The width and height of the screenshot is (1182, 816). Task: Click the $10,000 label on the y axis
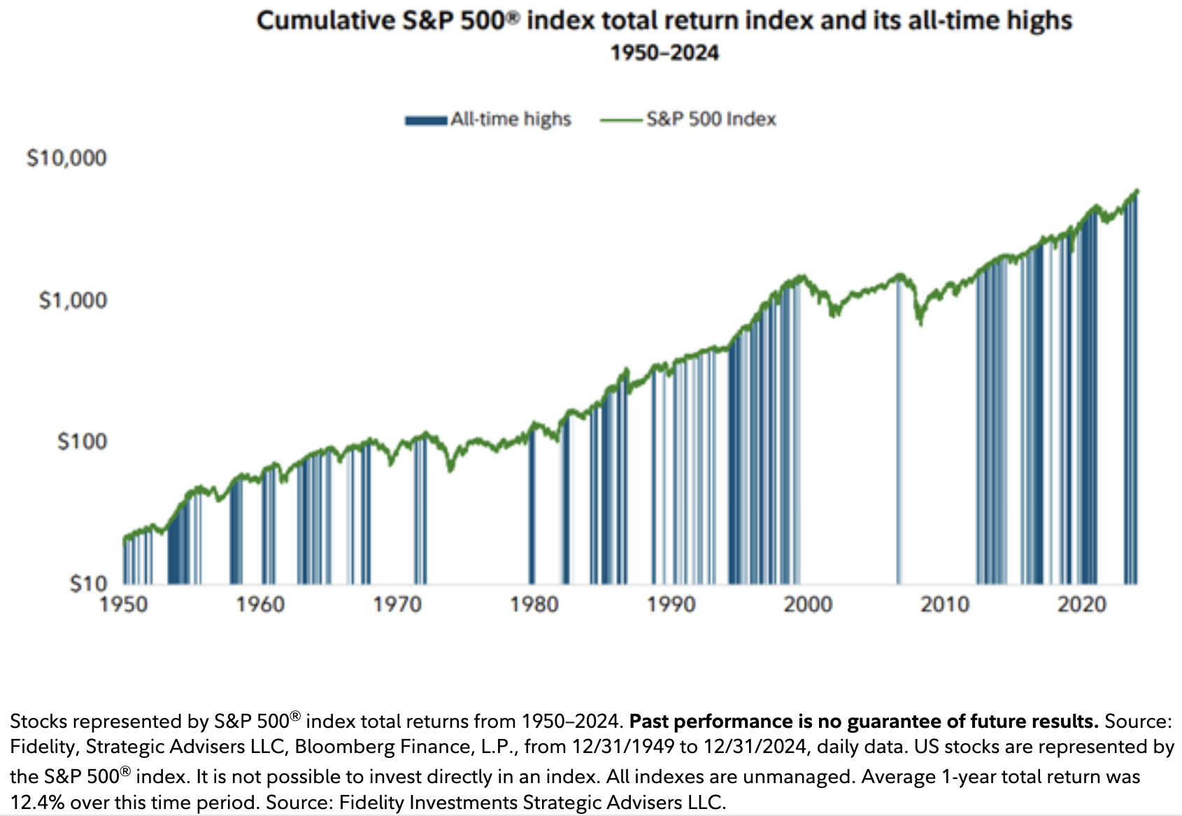[66, 158]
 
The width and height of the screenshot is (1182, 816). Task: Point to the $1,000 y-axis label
[73, 301]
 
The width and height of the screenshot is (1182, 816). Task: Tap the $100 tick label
[82, 442]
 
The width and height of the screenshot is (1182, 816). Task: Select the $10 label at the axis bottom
[88, 584]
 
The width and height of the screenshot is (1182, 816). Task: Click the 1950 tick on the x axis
[124, 604]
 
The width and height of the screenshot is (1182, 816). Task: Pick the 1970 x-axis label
[397, 604]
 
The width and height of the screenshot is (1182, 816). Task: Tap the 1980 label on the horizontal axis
[534, 604]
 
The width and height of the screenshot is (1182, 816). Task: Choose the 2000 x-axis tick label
[808, 604]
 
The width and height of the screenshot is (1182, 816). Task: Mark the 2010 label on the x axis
[945, 604]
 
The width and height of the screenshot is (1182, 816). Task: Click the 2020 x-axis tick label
[1081, 604]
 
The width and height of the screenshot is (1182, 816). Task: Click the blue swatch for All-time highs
[426, 120]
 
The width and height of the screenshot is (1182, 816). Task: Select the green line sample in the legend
[621, 120]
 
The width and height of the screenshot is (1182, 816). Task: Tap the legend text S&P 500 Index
[711, 120]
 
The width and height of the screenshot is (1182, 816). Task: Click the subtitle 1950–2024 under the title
[664, 53]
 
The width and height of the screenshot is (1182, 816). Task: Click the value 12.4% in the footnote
[37, 802]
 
